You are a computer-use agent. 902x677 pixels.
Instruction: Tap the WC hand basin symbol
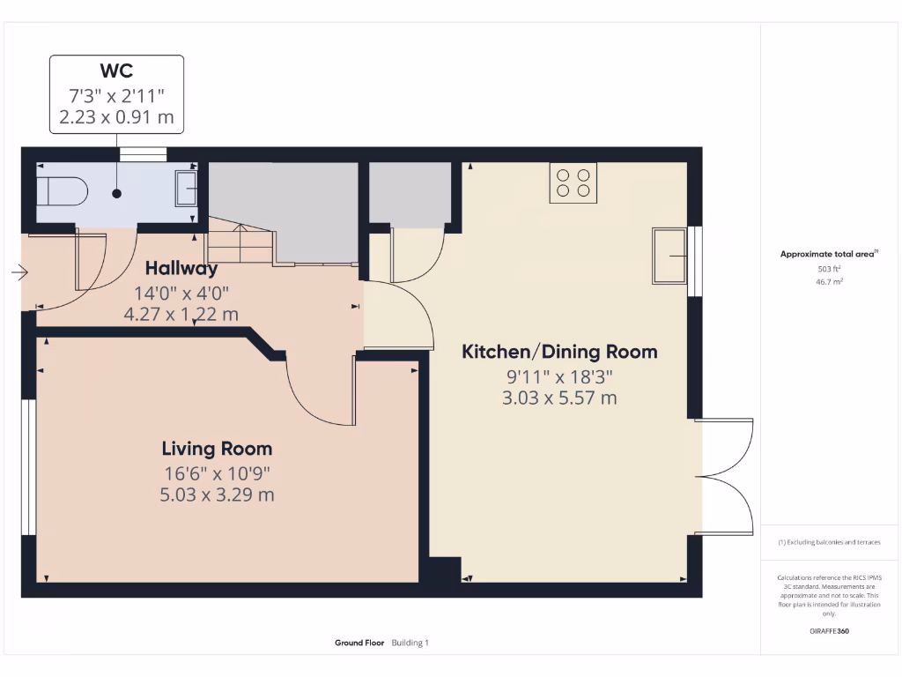pyautogui.click(x=187, y=189)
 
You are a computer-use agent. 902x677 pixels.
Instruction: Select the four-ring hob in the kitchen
pyautogui.click(x=573, y=183)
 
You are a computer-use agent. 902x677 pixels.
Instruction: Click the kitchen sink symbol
pyautogui.click(x=669, y=256)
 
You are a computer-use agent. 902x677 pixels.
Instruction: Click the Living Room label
pyautogui.click(x=217, y=449)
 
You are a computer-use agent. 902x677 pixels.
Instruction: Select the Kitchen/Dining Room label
pyautogui.click(x=559, y=352)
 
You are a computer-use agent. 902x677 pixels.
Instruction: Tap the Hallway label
pyautogui.click(x=181, y=268)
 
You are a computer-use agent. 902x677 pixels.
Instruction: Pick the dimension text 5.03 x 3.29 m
pyautogui.click(x=217, y=495)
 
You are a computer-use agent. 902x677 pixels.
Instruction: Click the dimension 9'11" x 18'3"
pyautogui.click(x=559, y=376)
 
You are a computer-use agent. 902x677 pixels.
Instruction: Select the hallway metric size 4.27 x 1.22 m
pyautogui.click(x=186, y=313)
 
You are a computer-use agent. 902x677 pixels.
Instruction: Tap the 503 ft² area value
pyautogui.click(x=829, y=270)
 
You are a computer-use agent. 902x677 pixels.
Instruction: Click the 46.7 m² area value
pyautogui.click(x=829, y=283)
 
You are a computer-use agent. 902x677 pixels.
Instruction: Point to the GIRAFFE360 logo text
pyautogui.click(x=829, y=631)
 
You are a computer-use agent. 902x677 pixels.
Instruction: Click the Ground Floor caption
pyautogui.click(x=359, y=644)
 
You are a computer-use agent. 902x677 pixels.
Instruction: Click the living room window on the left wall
pyautogui.click(x=28, y=467)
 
